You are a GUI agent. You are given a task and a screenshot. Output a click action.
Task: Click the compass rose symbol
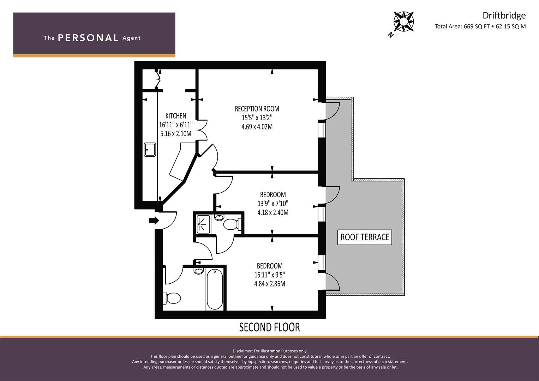tap(403, 22)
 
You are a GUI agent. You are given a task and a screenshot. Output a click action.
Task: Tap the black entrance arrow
tap(154, 220)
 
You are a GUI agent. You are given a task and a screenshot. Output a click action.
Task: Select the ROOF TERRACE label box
tap(365, 237)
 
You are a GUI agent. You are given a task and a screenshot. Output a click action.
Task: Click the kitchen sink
tap(150, 150)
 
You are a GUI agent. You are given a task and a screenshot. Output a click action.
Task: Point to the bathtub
tap(215, 289)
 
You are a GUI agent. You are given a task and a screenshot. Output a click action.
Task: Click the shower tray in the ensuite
tap(203, 224)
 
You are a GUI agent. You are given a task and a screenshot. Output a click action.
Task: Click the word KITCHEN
tap(176, 116)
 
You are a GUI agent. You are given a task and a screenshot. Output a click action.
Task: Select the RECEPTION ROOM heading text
tap(257, 109)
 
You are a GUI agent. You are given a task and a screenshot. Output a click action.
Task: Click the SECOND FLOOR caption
tap(270, 327)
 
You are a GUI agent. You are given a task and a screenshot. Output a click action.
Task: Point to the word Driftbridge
tap(504, 16)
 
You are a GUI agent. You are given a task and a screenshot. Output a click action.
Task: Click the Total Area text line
tap(480, 26)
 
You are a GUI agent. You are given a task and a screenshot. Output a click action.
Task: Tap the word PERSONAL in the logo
tap(88, 38)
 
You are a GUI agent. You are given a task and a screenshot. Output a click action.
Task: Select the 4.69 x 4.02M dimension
tap(257, 127)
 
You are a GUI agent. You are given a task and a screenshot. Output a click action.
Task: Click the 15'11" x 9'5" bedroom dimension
tap(270, 275)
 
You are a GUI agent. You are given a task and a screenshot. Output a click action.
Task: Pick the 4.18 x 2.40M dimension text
tap(273, 213)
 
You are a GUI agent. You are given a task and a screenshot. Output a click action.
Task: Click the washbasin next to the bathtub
tap(198, 271)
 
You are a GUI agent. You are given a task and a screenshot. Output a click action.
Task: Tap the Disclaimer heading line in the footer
tap(270, 351)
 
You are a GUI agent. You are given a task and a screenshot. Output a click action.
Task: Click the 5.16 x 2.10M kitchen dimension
tap(176, 134)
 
